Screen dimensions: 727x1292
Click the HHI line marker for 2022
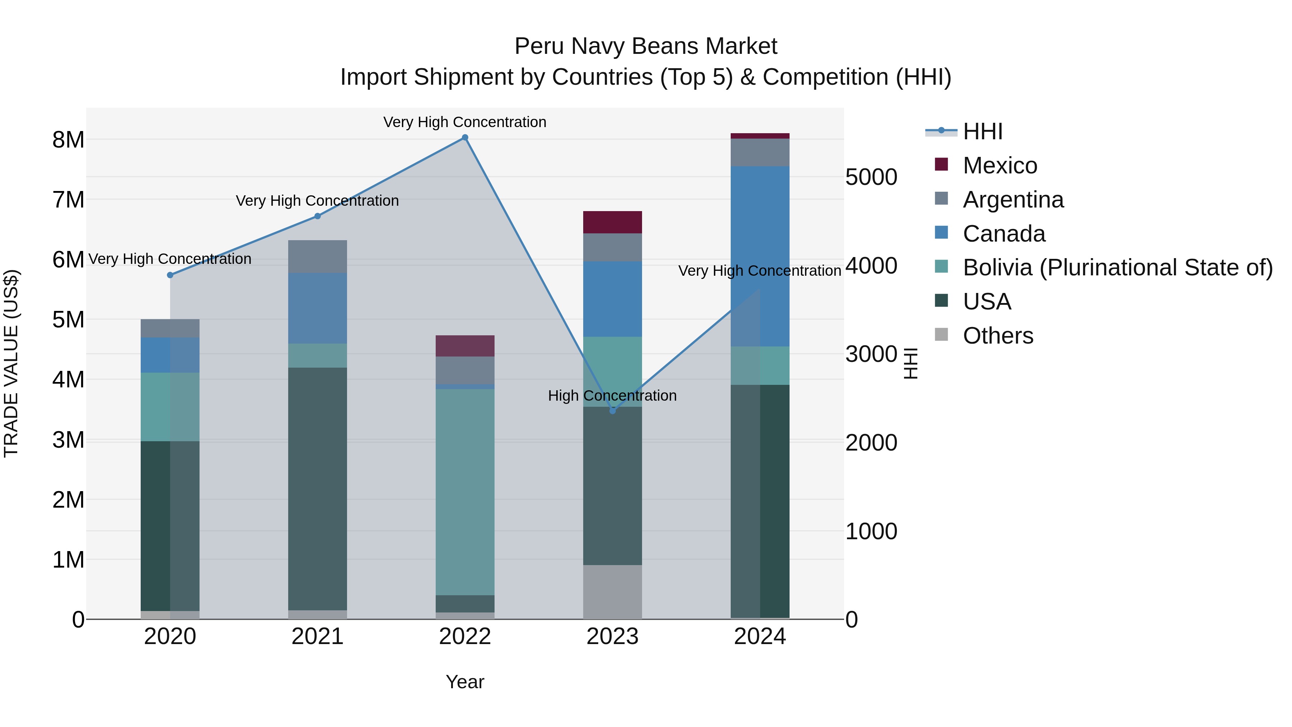[x=465, y=138]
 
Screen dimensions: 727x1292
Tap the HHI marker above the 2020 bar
[x=170, y=275]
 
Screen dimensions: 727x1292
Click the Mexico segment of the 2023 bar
[x=612, y=222]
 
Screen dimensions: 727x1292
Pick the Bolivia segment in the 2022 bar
[x=465, y=492]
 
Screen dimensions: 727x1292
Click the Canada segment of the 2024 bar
[x=760, y=256]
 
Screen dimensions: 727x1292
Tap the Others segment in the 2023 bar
[x=612, y=592]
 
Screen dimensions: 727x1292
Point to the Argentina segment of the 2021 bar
[x=318, y=256]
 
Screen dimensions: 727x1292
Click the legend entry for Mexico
[x=1000, y=166]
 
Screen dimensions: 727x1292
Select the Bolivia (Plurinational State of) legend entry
[x=1118, y=267]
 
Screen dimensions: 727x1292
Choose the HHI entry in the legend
[x=982, y=131]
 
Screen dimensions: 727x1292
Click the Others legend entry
[x=998, y=336]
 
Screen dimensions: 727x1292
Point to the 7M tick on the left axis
[x=68, y=200]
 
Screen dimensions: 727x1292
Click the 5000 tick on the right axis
[x=871, y=177]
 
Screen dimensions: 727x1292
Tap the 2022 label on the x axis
[x=465, y=637]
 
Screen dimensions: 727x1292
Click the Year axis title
[x=465, y=682]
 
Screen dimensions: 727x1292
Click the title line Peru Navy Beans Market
[x=646, y=46]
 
